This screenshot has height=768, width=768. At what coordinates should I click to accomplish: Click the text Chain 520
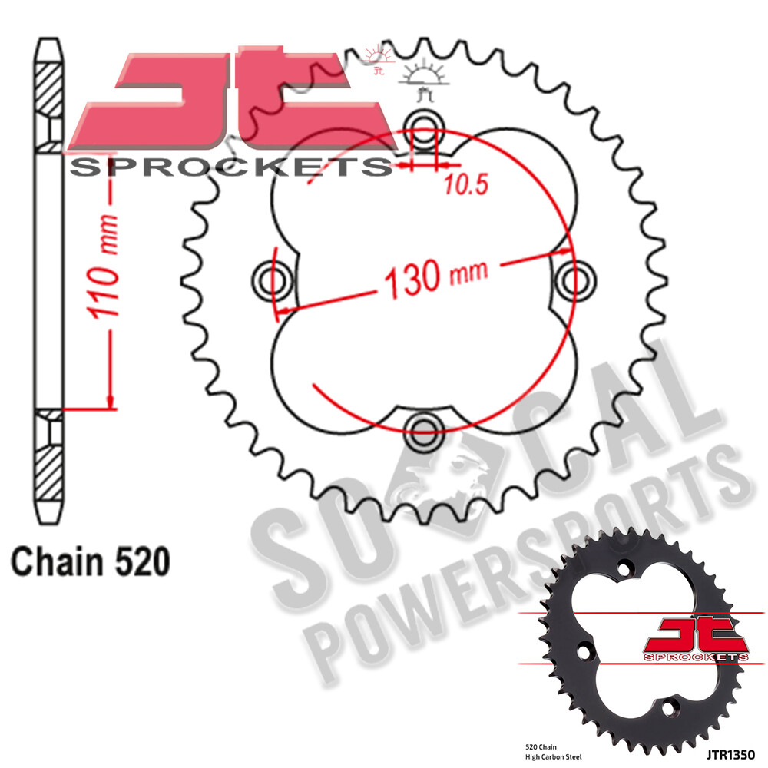coord(90,561)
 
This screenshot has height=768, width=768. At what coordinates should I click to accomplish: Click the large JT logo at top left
coord(230,104)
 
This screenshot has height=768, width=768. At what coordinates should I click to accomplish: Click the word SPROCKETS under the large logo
coord(230,167)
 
